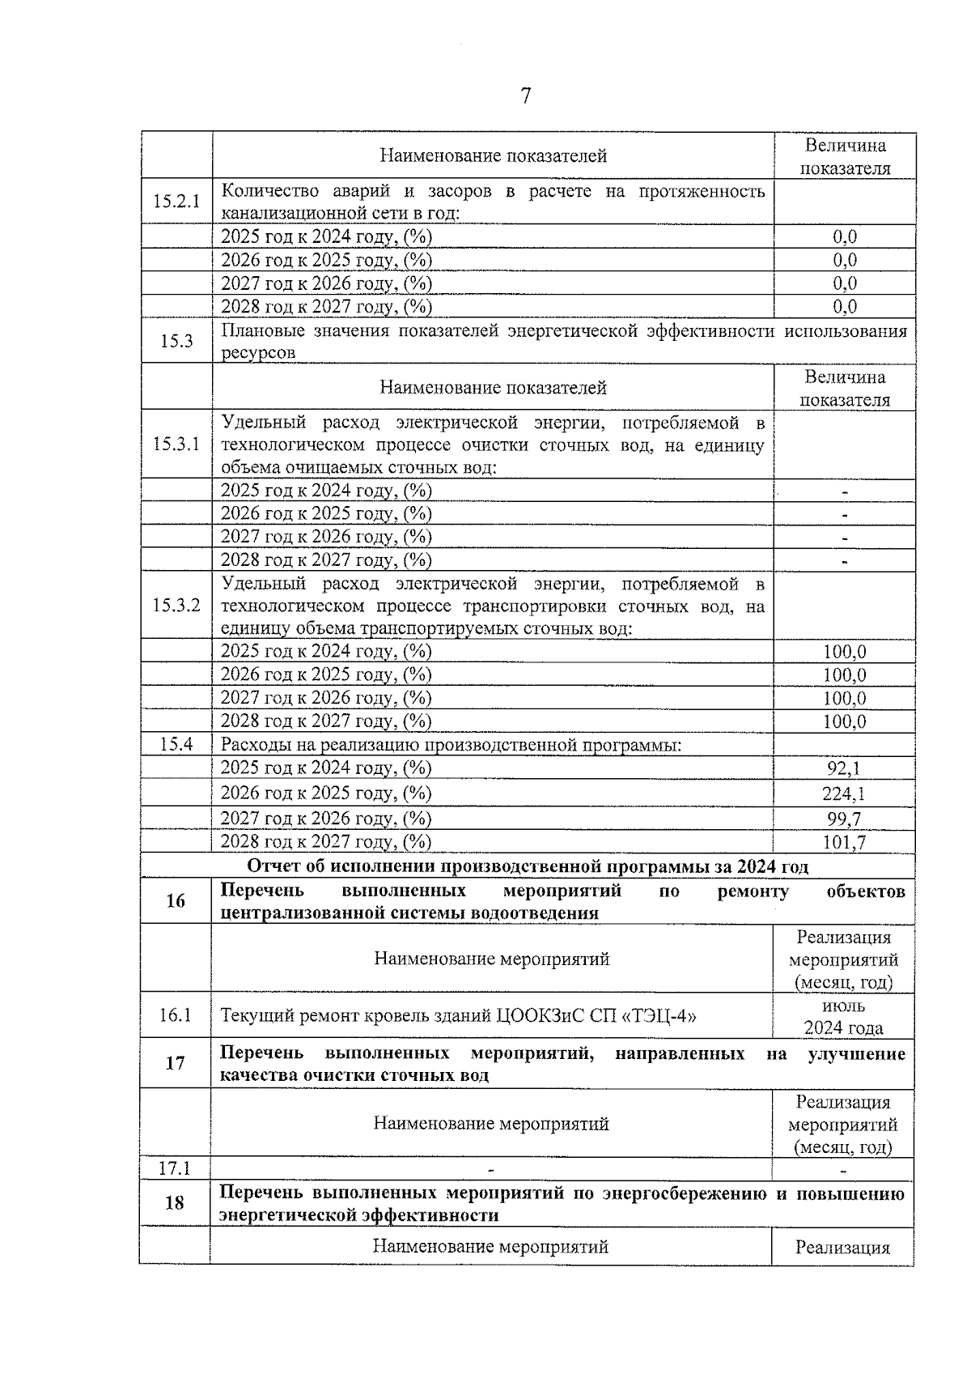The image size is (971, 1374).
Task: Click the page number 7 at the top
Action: [x=525, y=96]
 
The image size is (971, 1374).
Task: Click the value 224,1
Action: [x=843, y=793]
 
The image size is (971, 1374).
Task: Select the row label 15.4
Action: [x=176, y=744]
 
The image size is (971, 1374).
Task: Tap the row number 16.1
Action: [x=175, y=1015]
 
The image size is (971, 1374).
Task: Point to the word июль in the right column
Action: [x=843, y=1006]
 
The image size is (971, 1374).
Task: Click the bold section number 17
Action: [x=175, y=1064]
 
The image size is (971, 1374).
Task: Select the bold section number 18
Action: [x=175, y=1203]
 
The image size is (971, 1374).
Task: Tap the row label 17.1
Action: [x=175, y=1168]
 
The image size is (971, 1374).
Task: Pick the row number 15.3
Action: [x=176, y=341]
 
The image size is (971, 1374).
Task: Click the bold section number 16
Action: [x=175, y=901]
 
